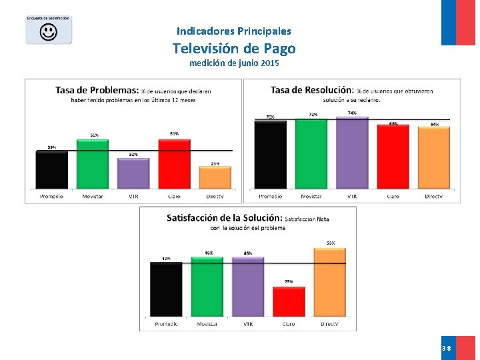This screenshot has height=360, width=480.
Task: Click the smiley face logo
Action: click(x=48, y=32)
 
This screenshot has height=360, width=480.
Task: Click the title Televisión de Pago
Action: click(x=234, y=49)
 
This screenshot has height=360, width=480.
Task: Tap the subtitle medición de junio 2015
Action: click(x=234, y=64)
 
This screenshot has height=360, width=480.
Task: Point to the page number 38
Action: click(x=446, y=349)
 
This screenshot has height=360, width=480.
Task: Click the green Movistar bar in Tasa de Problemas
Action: click(x=93, y=164)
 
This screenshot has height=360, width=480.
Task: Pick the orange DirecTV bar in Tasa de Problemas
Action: click(x=215, y=178)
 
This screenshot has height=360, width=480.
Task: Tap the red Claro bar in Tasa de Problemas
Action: click(x=174, y=164)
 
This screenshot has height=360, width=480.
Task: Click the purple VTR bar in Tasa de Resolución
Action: click(x=352, y=153)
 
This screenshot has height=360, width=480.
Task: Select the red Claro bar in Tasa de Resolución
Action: click(x=393, y=157)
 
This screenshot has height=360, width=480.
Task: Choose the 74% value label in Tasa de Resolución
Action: click(x=352, y=113)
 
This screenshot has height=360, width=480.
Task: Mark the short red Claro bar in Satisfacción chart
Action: click(x=289, y=302)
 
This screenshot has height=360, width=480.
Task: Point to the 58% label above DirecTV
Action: click(x=331, y=243)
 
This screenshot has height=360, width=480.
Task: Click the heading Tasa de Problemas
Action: click(x=97, y=90)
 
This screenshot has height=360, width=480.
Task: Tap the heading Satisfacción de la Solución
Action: click(x=224, y=217)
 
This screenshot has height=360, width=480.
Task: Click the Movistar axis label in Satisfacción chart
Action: click(x=207, y=324)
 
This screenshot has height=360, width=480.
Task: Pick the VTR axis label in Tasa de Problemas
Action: click(x=133, y=197)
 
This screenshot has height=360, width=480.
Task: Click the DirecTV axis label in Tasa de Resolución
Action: click(x=434, y=197)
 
